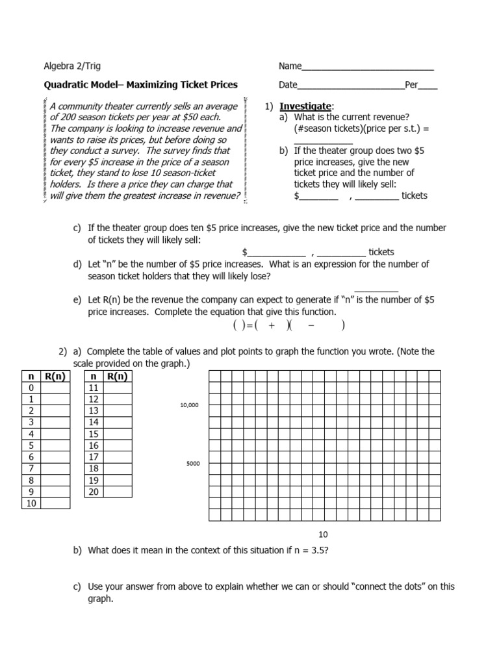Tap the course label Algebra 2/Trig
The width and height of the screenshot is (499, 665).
click(x=71, y=66)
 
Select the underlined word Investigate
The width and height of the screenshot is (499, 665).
click(x=305, y=106)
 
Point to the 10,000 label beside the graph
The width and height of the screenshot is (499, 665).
click(x=189, y=405)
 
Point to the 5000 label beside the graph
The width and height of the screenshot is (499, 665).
click(x=193, y=464)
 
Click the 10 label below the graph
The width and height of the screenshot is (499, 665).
click(x=324, y=534)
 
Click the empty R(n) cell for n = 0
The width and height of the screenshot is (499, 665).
click(x=55, y=388)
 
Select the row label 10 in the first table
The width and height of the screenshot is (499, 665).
click(x=31, y=503)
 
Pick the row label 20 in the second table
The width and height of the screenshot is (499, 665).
click(x=94, y=492)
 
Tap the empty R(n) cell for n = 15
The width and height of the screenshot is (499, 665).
click(x=117, y=434)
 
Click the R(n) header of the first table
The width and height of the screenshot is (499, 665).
click(x=55, y=376)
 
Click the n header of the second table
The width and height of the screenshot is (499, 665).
click(x=94, y=376)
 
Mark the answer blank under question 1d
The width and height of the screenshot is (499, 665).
click(x=376, y=290)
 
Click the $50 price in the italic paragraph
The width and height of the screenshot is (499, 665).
click(x=193, y=117)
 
